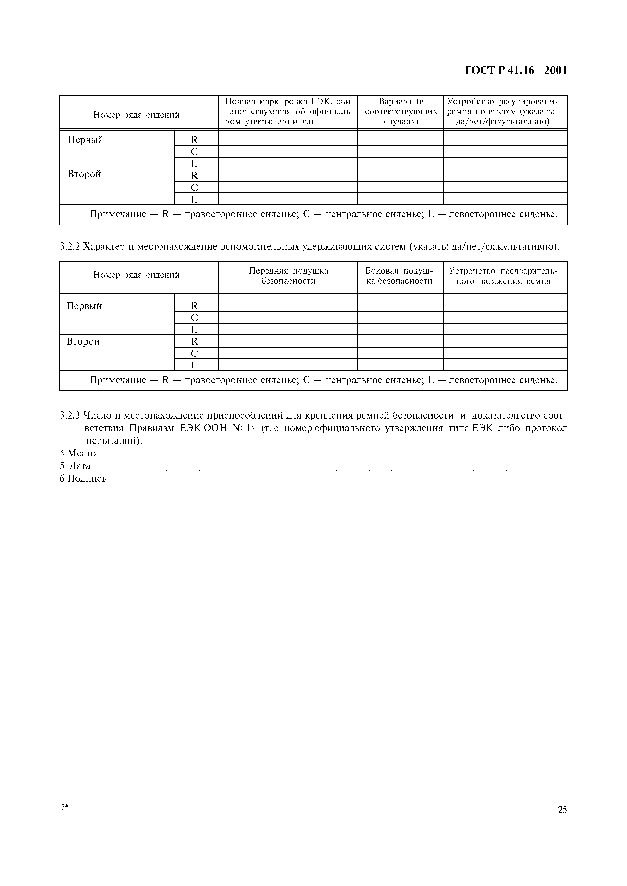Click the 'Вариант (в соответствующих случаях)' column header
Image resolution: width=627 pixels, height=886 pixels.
pyautogui.click(x=401, y=112)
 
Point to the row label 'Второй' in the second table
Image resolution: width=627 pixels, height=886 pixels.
pyautogui.click(x=83, y=341)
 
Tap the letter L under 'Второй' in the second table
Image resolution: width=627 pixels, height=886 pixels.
pyautogui.click(x=194, y=365)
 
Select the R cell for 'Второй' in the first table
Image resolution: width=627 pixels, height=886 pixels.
pyautogui.click(x=194, y=176)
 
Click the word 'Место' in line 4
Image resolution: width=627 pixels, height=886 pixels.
pyautogui.click(x=81, y=453)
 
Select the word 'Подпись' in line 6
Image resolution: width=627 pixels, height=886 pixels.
pyautogui.click(x=87, y=479)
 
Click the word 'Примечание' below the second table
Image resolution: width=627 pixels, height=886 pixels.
pyautogui.click(x=118, y=380)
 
